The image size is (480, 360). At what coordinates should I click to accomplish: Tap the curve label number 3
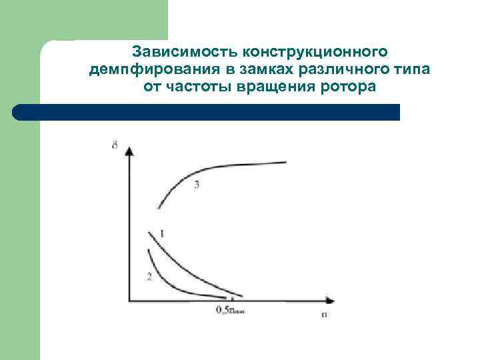pos(196,185)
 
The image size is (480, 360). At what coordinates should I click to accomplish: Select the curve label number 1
pos(162,233)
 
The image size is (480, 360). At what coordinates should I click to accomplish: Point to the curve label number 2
pos(149,276)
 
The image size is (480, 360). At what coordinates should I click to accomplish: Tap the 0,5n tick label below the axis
pos(230,309)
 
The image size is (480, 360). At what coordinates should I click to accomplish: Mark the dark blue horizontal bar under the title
pos(207,112)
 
